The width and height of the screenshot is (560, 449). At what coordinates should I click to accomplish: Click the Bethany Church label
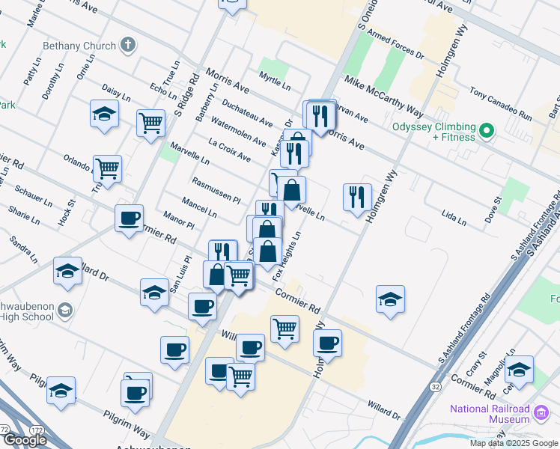pos(79,46)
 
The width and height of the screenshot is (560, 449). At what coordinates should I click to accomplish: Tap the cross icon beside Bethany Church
pos(128,45)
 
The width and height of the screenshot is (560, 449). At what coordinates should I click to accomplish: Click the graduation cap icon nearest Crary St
pos(519,370)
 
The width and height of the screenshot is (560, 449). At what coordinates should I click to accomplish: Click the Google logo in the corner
pos(25,440)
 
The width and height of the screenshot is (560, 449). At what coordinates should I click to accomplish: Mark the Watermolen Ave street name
pos(238,132)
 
